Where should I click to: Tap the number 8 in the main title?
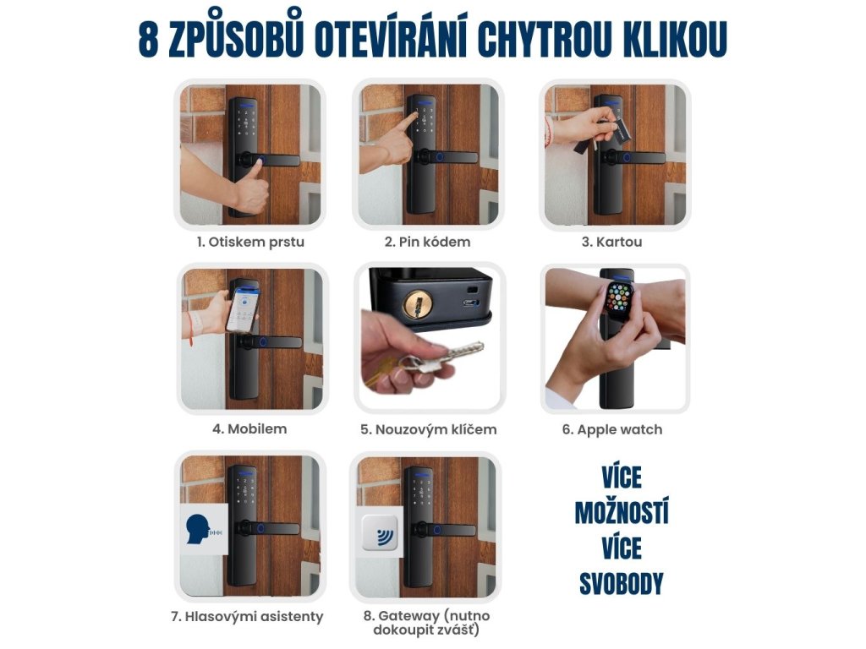click(x=148, y=39)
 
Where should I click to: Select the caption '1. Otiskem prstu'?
click(x=250, y=243)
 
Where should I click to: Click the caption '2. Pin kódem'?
click(x=427, y=242)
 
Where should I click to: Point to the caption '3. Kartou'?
click(x=612, y=242)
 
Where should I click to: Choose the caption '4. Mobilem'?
click(x=249, y=428)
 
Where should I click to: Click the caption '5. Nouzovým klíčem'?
click(x=429, y=430)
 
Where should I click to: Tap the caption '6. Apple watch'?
click(x=612, y=430)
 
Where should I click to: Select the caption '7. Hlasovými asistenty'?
click(x=247, y=616)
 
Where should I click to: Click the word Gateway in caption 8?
click(x=409, y=616)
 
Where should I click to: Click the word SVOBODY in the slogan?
click(x=622, y=584)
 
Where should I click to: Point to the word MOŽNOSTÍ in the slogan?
click(x=622, y=513)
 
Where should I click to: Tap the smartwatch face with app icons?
click(x=621, y=300)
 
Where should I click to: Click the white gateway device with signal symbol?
click(x=380, y=534)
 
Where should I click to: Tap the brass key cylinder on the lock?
click(x=418, y=304)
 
